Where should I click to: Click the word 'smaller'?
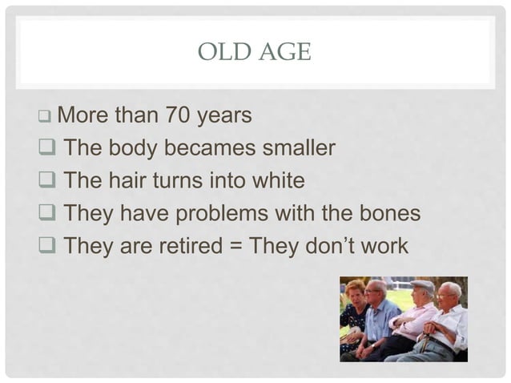pyautogui.click(x=300, y=149)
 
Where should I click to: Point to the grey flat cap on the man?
pyautogui.click(x=422, y=284)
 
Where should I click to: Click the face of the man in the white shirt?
pyautogui.click(x=449, y=292)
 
